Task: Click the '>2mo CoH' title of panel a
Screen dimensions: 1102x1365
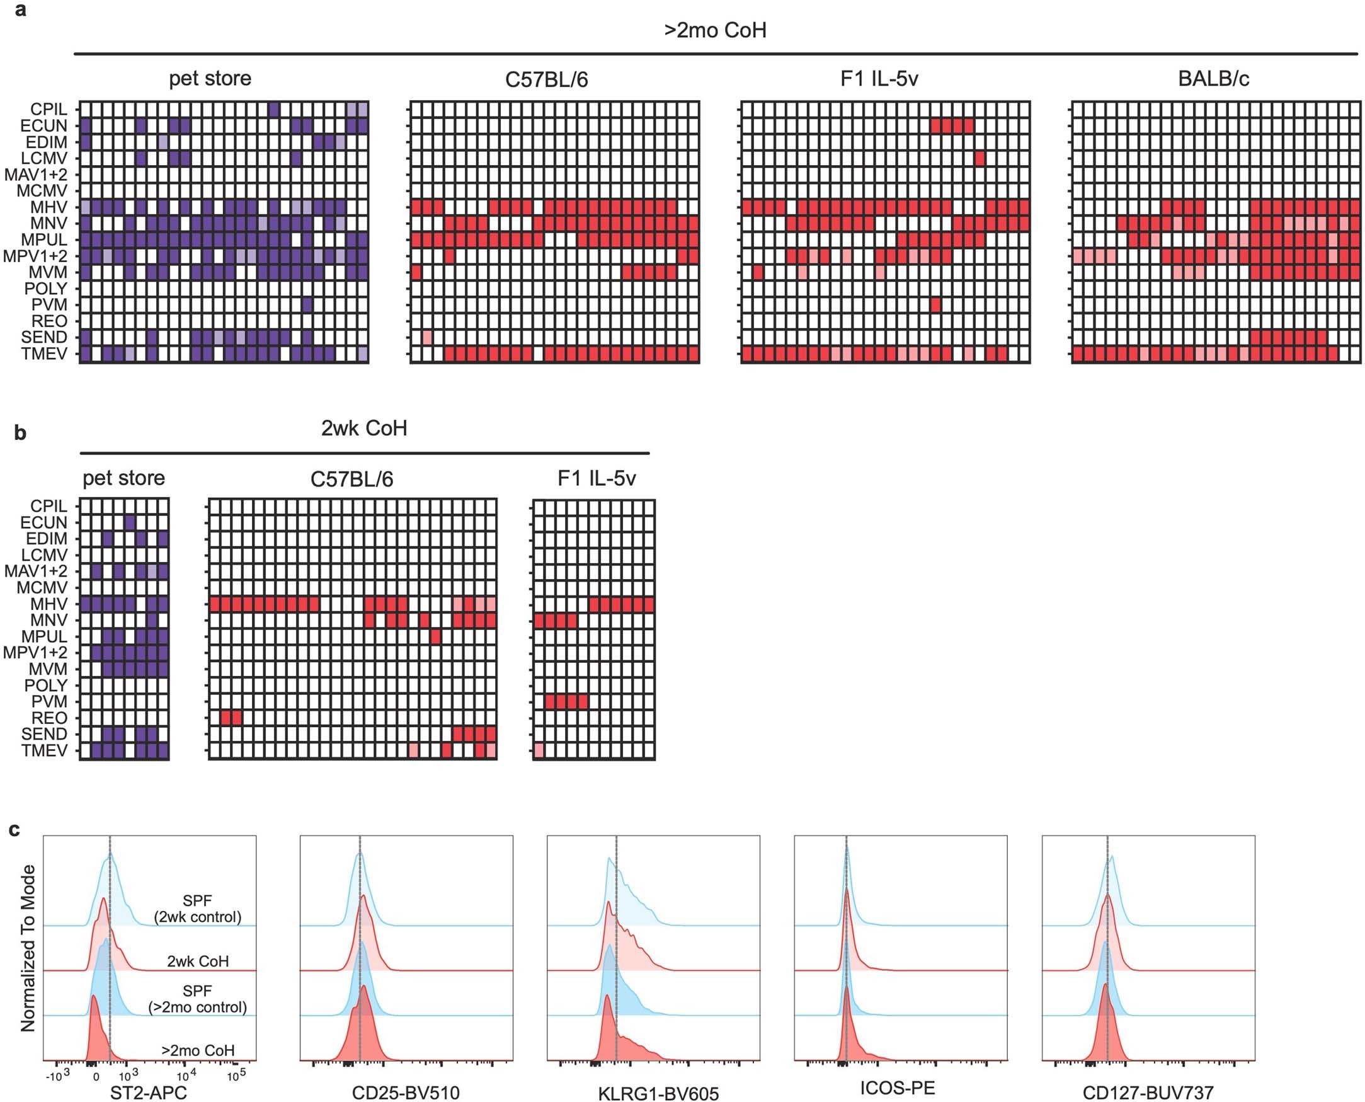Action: pos(715,30)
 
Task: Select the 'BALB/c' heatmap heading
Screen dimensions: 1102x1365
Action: pos(1213,79)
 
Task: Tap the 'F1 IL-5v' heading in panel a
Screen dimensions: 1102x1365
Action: pos(879,79)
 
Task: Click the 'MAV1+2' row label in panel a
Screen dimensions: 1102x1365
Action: pos(35,175)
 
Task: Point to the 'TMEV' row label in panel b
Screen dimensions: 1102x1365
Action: pos(44,750)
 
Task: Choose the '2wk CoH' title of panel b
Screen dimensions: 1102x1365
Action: pos(363,428)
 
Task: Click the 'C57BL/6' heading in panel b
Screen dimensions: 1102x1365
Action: pos(351,479)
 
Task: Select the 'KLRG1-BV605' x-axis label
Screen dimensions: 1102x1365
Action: pos(658,1093)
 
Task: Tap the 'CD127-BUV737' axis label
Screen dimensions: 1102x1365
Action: pos(1147,1093)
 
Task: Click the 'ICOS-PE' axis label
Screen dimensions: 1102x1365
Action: pos(898,1088)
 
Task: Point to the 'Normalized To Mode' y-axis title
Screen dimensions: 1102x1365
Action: pos(28,948)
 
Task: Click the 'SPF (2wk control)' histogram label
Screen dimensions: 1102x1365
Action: pos(197,909)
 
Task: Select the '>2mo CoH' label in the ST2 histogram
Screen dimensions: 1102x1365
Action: pos(198,1050)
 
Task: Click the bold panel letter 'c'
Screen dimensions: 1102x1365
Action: pos(14,830)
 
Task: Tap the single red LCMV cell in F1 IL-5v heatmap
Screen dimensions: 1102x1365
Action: pos(979,158)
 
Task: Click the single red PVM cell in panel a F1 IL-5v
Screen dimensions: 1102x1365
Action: pos(935,306)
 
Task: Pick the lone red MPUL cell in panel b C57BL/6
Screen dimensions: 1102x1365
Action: pos(435,636)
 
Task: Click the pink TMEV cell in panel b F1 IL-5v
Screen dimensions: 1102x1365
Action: pos(539,751)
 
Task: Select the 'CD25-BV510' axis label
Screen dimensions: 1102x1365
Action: pos(406,1093)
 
